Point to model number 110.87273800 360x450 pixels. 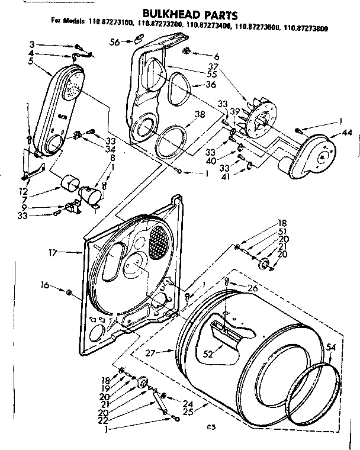307,27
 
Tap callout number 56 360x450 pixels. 115,41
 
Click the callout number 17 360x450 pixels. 53,252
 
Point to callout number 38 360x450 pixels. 200,115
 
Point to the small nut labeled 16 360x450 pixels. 69,292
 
